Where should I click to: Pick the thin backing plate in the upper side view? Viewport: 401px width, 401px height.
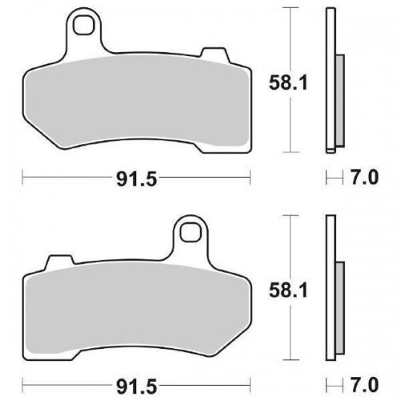coord(330,80)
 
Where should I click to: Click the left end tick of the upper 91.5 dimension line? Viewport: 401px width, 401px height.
coord(22,176)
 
